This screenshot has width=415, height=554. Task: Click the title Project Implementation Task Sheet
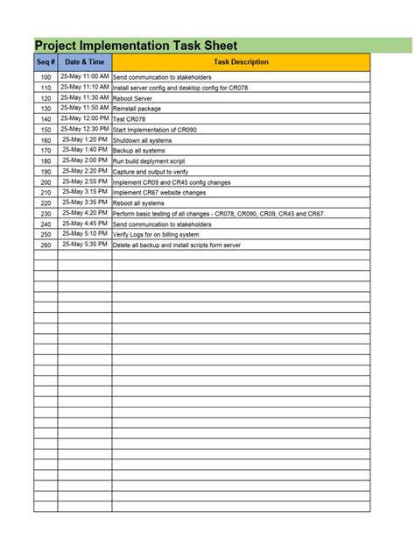(136, 46)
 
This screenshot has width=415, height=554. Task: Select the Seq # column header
(46, 62)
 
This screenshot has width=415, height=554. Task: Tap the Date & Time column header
(84, 62)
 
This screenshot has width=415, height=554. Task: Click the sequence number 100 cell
(46, 78)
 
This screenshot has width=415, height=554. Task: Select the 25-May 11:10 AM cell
(85, 88)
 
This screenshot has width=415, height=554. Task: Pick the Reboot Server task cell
(133, 98)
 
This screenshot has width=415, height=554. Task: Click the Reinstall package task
(136, 109)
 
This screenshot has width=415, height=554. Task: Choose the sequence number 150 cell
(46, 130)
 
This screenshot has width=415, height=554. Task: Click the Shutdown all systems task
(143, 140)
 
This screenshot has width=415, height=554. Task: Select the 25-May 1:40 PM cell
(85, 150)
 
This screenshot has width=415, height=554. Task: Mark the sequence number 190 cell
(46, 172)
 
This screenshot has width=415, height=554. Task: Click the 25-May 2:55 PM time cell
(85, 181)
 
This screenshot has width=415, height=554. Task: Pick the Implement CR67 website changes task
(159, 192)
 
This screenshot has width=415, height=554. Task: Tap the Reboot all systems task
(138, 203)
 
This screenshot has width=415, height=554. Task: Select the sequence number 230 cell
(46, 214)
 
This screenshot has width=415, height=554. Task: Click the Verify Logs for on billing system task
(151, 235)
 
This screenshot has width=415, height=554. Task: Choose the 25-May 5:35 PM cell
(85, 245)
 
